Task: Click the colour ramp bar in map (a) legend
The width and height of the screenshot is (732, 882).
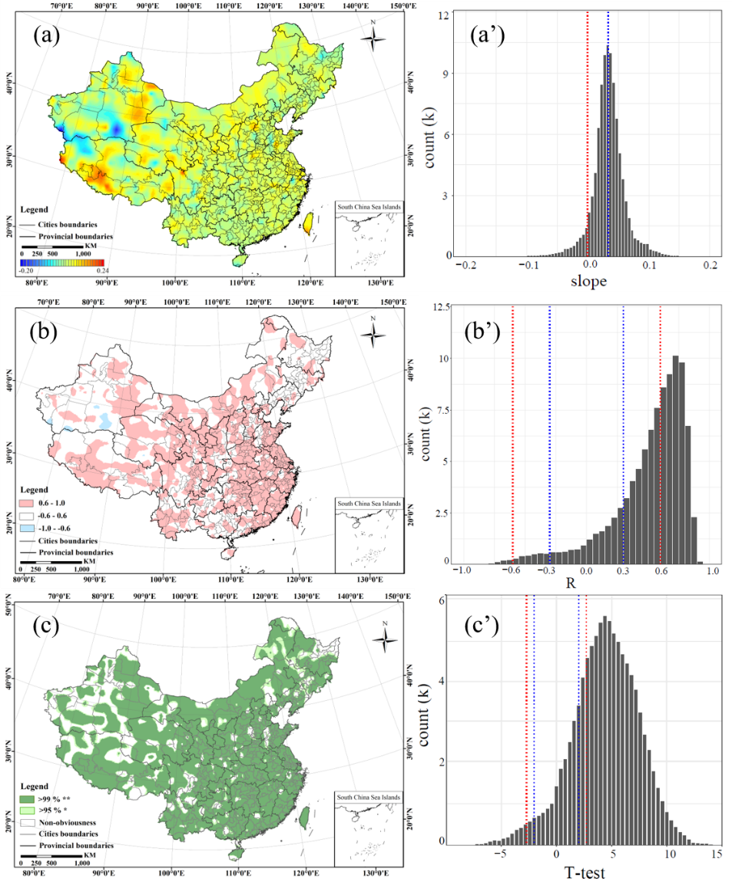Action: [61, 263]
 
